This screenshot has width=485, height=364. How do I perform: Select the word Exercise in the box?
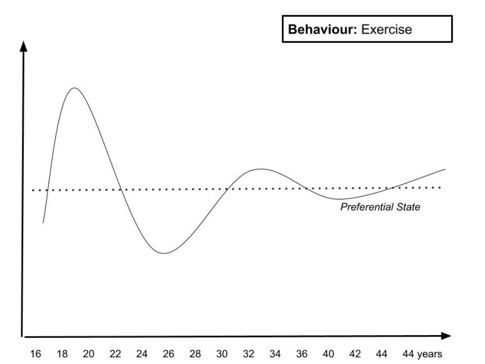[386, 29]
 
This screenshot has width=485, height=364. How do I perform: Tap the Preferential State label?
[380, 207]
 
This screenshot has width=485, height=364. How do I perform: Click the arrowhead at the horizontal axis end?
[446, 336]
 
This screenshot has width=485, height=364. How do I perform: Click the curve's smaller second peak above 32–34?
[260, 169]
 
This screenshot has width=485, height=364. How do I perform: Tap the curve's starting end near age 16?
[43, 222]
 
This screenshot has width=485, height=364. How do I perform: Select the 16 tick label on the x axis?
[36, 354]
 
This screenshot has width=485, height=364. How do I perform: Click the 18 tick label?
[62, 354]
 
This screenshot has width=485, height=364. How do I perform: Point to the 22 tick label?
[116, 354]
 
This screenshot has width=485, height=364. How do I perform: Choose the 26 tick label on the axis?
[169, 354]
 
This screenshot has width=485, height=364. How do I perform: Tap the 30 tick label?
[222, 354]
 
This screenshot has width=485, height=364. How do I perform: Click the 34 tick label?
[275, 354]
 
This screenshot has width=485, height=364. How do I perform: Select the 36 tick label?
[302, 354]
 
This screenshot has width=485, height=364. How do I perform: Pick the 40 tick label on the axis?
[328, 354]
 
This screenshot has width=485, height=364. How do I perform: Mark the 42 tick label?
[355, 354]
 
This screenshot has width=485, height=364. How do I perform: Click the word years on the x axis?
[431, 354]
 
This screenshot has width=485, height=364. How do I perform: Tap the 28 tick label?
[195, 354]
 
